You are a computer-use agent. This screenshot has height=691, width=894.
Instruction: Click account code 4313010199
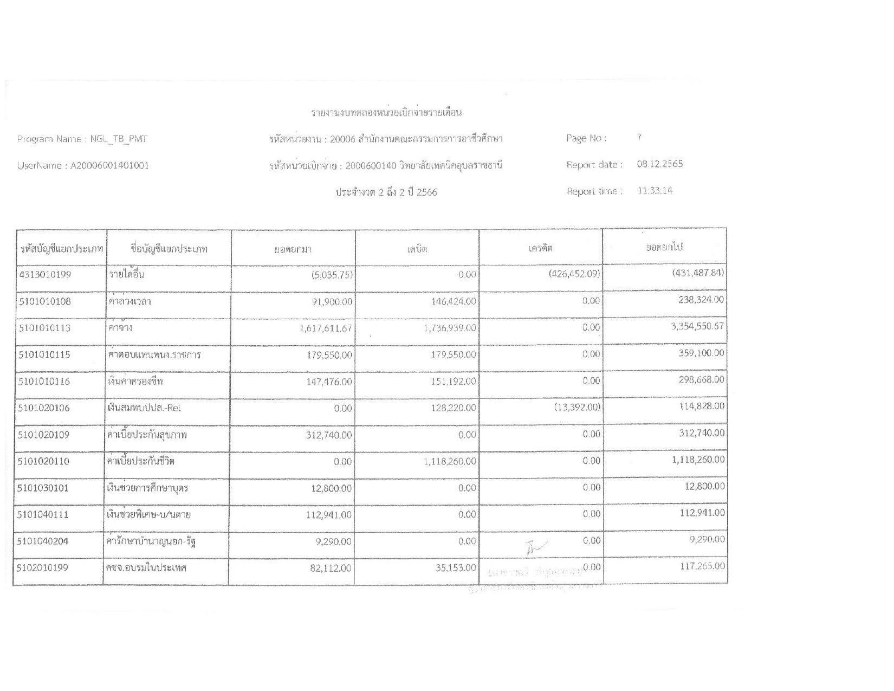pyautogui.click(x=45, y=274)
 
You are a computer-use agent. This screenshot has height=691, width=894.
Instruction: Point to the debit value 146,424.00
pyautogui.click(x=454, y=301)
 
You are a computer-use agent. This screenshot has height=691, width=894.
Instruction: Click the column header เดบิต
pyautogui.click(x=417, y=249)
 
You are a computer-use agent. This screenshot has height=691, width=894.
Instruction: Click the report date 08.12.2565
pyautogui.click(x=659, y=164)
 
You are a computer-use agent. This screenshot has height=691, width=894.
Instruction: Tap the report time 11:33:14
pyautogui.click(x=655, y=191)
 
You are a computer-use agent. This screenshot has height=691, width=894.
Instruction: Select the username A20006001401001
pyautogui.click(x=110, y=166)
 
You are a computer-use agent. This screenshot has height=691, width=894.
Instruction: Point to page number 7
pyautogui.click(x=639, y=138)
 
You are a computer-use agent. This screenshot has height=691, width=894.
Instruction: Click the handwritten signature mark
pyautogui.click(x=536, y=546)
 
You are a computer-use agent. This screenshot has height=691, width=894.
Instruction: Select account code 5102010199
pyautogui.click(x=44, y=568)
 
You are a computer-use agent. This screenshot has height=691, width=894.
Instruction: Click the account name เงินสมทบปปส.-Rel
pyautogui.click(x=144, y=408)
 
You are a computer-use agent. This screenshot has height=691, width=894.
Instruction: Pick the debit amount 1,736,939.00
pyautogui.click(x=449, y=328)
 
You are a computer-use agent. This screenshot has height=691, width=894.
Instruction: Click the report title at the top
pyautogui.click(x=386, y=113)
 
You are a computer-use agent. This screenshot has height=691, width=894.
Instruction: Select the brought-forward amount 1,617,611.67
pyautogui.click(x=326, y=328)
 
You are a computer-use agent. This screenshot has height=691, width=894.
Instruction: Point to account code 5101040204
pyautogui.click(x=44, y=541)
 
